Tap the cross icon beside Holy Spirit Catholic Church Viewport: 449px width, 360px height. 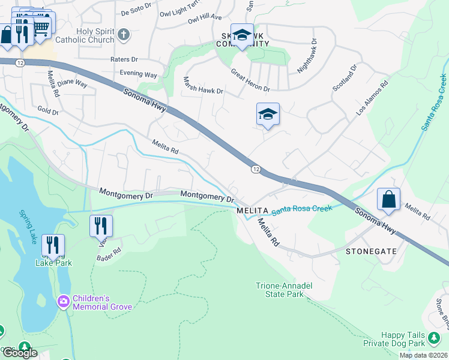[x=124, y=35]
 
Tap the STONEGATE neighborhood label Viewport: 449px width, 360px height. [x=371, y=252]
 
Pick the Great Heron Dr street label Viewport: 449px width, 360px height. [x=250, y=80]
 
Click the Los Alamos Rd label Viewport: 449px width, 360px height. [x=372, y=96]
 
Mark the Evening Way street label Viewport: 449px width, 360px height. [x=138, y=74]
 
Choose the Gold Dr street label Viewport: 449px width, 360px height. [x=47, y=111]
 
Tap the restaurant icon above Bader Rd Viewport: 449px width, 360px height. [x=101, y=226]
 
